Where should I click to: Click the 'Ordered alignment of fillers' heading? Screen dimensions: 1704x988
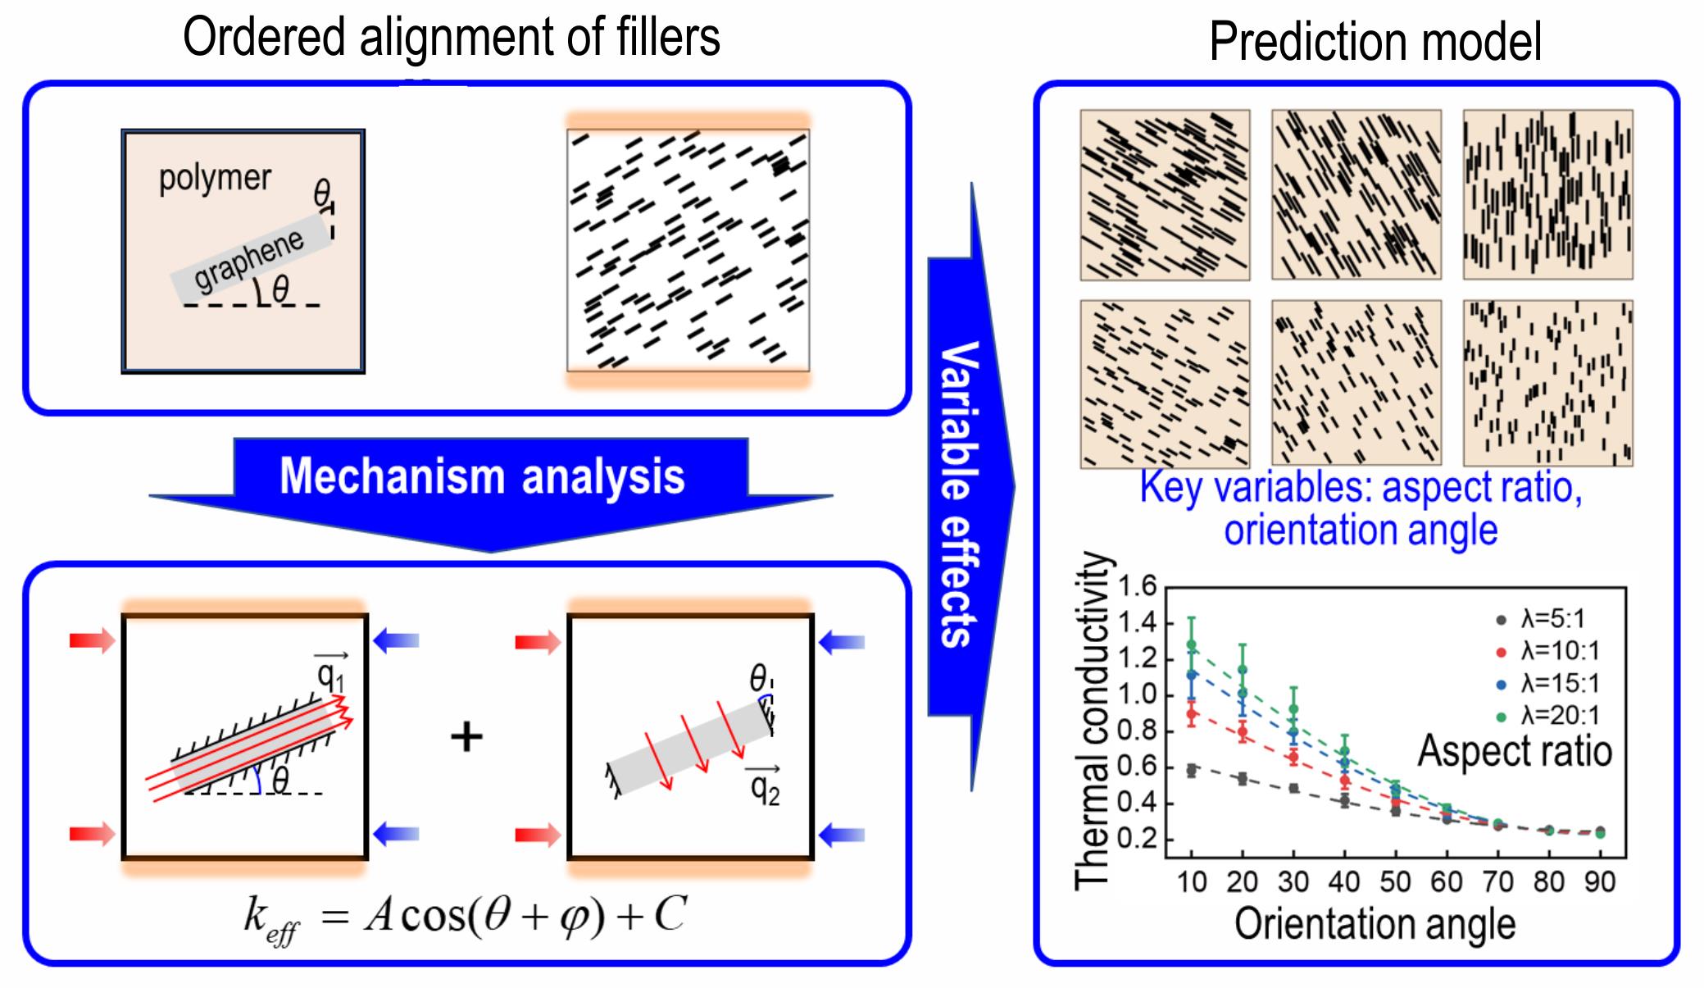coord(452,37)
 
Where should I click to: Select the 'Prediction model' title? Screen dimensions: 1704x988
coord(1375,41)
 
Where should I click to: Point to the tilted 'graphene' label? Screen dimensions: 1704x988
coord(249,259)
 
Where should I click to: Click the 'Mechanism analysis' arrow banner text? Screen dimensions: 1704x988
coord(482,476)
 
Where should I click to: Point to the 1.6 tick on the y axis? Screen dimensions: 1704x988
coord(1137,586)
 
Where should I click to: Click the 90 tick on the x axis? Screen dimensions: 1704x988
coord(1599,882)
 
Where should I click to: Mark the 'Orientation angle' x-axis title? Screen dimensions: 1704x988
coord(1375,924)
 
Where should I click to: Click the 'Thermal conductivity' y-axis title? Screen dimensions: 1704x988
coord(1093,722)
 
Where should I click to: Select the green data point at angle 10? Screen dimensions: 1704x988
coord(1192,645)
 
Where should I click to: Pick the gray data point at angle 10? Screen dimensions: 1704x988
coord(1192,770)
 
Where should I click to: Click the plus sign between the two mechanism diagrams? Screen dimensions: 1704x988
coord(466,736)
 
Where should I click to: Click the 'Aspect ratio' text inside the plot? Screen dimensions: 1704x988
coord(1515,751)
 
